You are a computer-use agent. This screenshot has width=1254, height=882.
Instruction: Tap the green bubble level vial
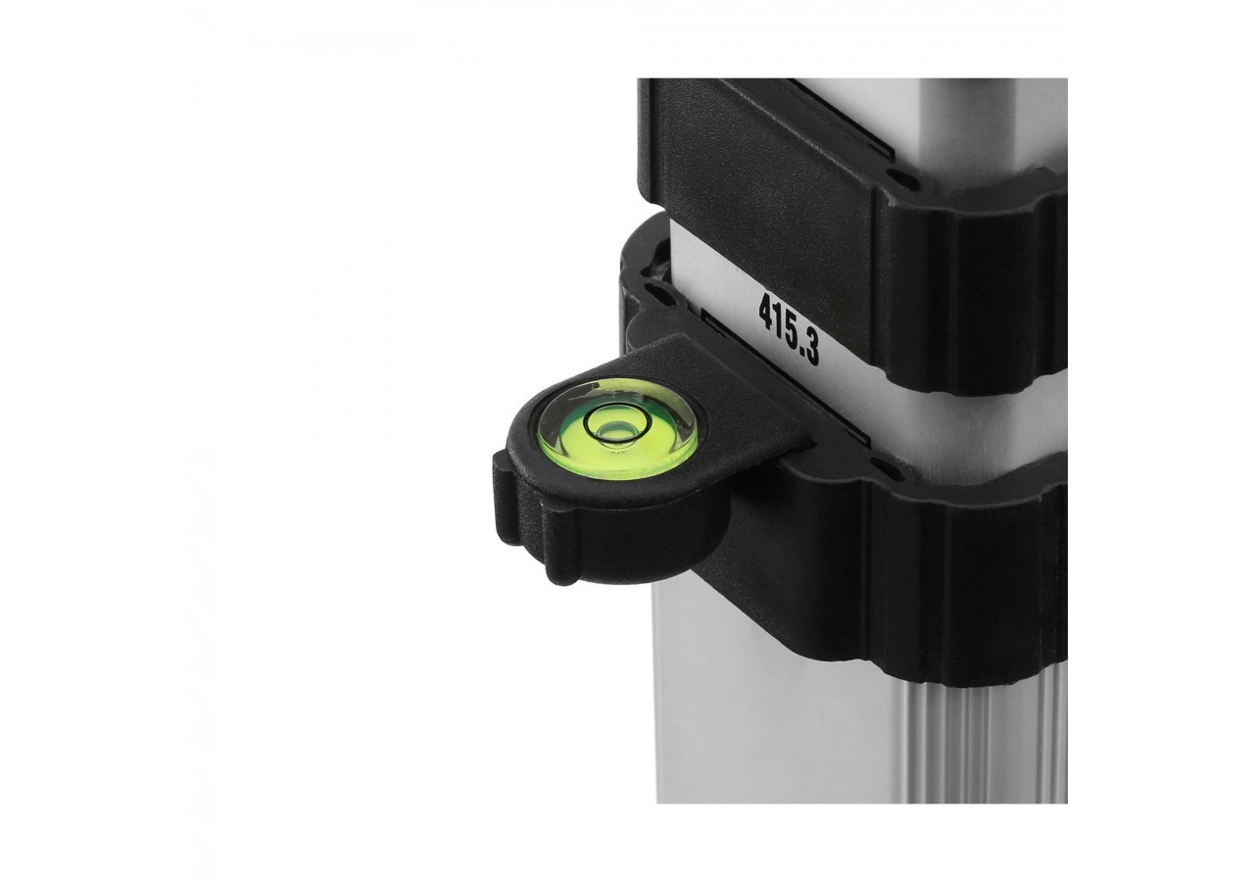click(617, 429)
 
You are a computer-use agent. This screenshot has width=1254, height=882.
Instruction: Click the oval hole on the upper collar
click(897, 179)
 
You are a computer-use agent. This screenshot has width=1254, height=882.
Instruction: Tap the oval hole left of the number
click(653, 291)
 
